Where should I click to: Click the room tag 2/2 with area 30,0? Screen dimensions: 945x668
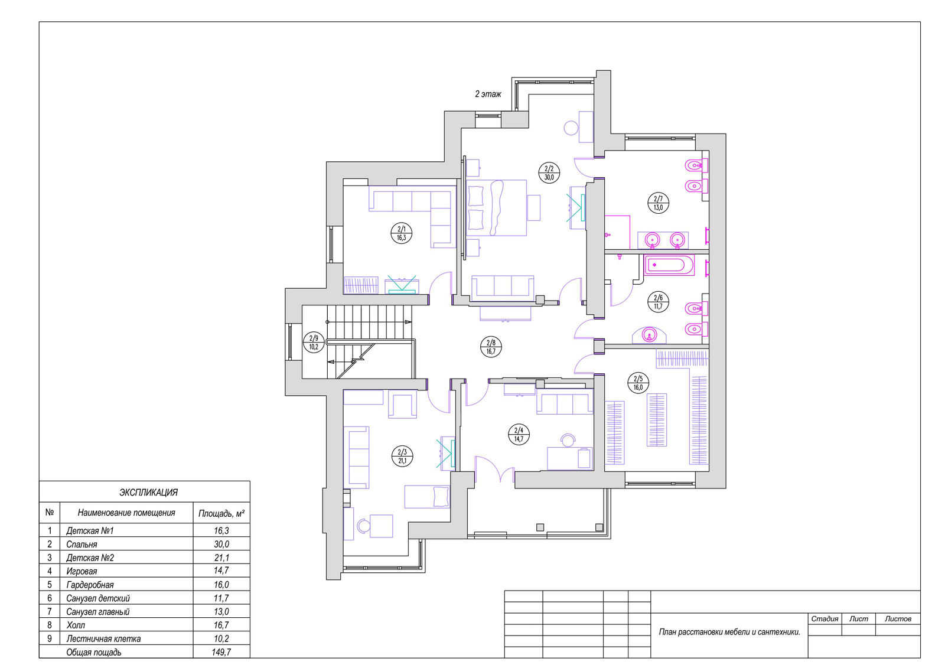549,172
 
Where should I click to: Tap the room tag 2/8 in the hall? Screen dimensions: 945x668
491,347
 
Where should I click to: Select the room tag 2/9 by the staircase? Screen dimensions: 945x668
314,342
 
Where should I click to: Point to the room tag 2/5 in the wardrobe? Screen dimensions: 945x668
638,383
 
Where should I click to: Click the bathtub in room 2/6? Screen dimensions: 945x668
669,265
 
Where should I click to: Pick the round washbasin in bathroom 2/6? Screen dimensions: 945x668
650,335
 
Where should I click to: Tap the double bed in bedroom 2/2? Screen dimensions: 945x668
497,208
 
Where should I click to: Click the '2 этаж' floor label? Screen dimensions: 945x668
488,94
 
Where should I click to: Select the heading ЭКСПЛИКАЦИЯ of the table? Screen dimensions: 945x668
148,493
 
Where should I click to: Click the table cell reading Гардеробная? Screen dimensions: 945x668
90,585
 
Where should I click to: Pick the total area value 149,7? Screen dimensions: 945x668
221,652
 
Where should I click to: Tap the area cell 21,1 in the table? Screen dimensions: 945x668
221,558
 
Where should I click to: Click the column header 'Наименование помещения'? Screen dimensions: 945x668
126,513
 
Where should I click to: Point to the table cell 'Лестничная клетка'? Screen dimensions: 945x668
103,638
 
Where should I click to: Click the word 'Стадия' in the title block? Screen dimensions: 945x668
825,618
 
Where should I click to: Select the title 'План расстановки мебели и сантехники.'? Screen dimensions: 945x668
729,632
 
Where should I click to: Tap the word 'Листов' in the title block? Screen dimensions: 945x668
898,618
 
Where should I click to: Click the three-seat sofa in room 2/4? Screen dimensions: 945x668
565,404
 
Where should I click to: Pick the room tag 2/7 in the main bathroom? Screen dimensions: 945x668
658,203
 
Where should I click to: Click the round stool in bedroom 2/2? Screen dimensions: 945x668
571,128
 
